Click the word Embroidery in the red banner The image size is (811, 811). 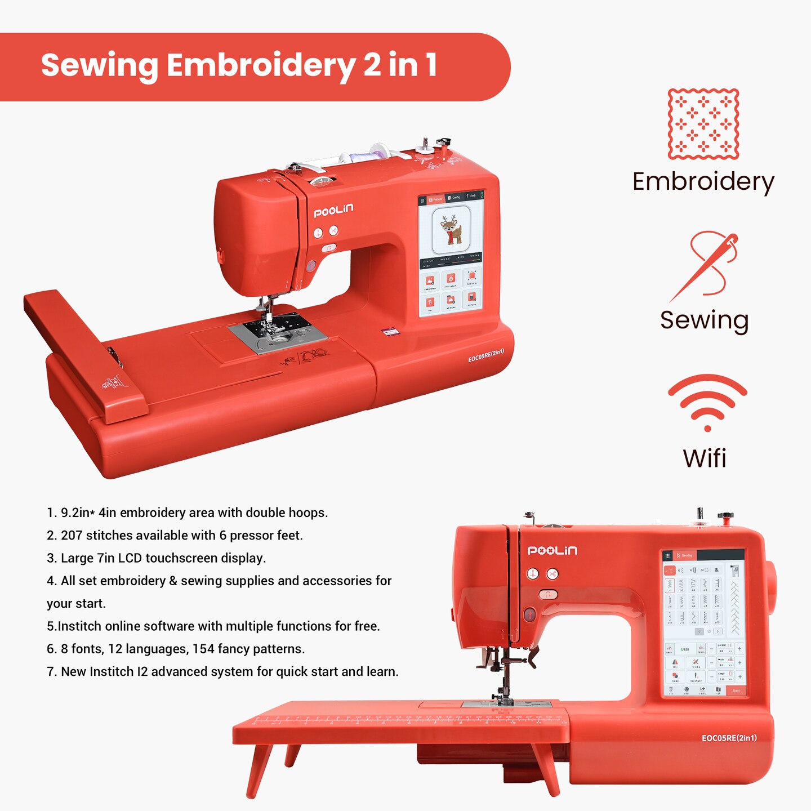click(261, 65)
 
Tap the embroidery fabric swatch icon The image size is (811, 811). click(703, 124)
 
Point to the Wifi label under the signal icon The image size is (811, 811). click(705, 458)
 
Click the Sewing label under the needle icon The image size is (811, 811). click(705, 320)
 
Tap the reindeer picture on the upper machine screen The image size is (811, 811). click(451, 230)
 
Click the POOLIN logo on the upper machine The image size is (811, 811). click(333, 211)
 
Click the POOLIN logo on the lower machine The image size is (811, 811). click(552, 551)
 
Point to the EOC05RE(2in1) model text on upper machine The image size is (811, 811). click(486, 355)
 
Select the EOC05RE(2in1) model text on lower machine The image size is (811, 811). click(729, 738)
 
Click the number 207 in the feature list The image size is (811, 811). click(72, 536)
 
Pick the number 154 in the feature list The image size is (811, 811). click(203, 649)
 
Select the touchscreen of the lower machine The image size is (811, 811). click(704, 623)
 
